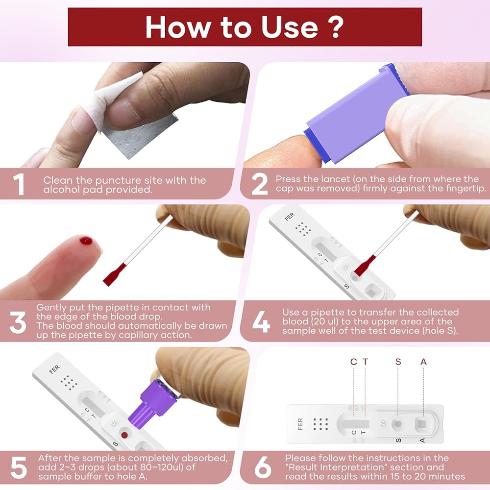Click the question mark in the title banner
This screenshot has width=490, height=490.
(x=336, y=27)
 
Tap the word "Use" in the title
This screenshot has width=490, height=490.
(x=290, y=27)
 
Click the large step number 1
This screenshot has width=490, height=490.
(x=19, y=184)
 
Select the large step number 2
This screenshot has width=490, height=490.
(x=259, y=184)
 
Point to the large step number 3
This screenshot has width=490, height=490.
(x=18, y=322)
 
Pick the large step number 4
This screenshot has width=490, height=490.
(x=261, y=322)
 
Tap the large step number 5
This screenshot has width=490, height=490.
(x=19, y=467)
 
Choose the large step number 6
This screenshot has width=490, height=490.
(x=263, y=467)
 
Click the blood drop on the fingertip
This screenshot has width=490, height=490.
(x=86, y=241)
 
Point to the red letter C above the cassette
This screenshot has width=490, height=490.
(x=353, y=362)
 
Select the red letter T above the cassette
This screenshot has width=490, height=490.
(x=365, y=362)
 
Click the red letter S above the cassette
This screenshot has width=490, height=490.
(x=398, y=362)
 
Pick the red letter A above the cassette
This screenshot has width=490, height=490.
(x=423, y=362)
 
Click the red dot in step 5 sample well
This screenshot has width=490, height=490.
(x=124, y=435)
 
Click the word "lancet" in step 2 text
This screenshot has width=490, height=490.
(x=333, y=179)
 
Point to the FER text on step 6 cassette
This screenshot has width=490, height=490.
(x=300, y=424)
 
